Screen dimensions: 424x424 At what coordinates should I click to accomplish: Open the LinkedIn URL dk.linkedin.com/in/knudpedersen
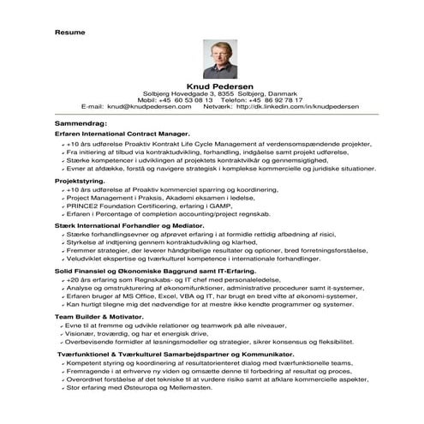click(296, 106)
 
